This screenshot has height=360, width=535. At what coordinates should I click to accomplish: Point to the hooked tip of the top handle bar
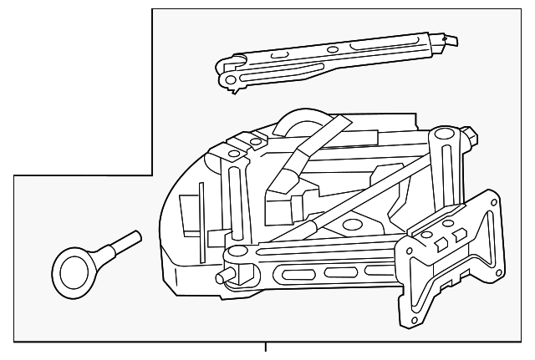[x=455, y=38]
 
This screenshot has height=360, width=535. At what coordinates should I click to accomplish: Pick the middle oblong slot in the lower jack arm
[x=338, y=272]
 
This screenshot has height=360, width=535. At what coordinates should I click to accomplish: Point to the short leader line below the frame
[x=266, y=348]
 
